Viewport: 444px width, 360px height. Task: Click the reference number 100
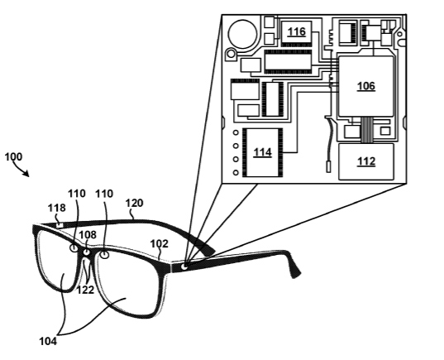coord(13,156)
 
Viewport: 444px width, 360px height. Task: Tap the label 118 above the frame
coord(56,208)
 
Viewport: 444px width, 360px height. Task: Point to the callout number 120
coord(134,203)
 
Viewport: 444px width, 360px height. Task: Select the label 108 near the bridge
coord(88,235)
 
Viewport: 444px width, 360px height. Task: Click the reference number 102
coord(159,244)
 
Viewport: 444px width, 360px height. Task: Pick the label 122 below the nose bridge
coord(85,290)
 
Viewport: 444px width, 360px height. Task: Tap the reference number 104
coord(48,341)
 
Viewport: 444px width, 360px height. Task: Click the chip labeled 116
coord(297,32)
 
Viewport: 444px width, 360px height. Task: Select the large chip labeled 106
coord(365,86)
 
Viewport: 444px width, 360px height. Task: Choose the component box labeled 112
coord(366,161)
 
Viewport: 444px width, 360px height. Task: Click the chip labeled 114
coord(262,152)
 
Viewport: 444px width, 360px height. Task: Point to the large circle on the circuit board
coord(243,34)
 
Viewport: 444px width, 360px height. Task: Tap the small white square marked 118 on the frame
coord(60,225)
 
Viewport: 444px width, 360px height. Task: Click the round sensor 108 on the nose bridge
coord(86,252)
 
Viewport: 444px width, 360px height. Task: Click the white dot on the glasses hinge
coord(184,266)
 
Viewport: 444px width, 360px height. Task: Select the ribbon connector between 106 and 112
coord(367,130)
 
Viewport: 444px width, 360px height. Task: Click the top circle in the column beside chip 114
coord(236,132)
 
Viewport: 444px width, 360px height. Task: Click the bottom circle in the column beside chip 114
coord(236,172)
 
